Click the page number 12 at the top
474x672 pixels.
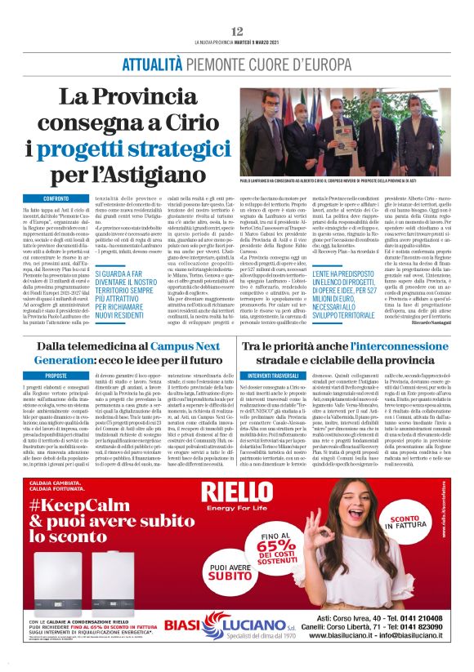point(237,31)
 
